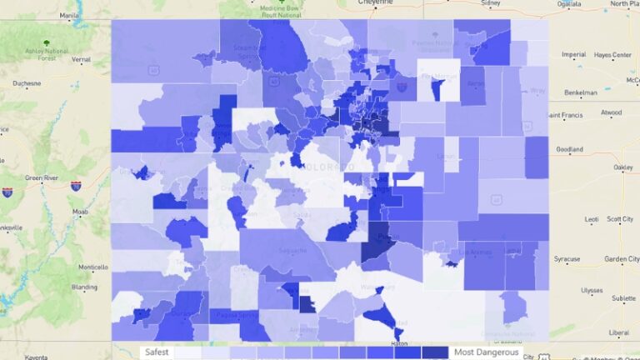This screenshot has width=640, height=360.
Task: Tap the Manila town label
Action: [69, 14]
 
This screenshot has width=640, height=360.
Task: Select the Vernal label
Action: [80, 60]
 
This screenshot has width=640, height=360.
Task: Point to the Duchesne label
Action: [27, 83]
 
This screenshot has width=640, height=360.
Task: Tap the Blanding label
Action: [85, 287]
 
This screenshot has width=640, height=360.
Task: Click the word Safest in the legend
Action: [157, 352]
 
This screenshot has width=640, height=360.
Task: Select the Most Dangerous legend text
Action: [486, 352]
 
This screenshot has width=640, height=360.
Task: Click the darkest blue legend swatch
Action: [435, 352]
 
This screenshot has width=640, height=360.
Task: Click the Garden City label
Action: [622, 258]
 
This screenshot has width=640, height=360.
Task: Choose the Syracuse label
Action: [567, 258]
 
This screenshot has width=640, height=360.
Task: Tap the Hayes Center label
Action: [610, 55]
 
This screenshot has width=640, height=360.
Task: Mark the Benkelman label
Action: [580, 92]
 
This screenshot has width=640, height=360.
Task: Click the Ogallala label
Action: [569, 3]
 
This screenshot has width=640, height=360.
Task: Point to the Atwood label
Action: [611, 112]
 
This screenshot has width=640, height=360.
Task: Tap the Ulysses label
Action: [592, 291]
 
